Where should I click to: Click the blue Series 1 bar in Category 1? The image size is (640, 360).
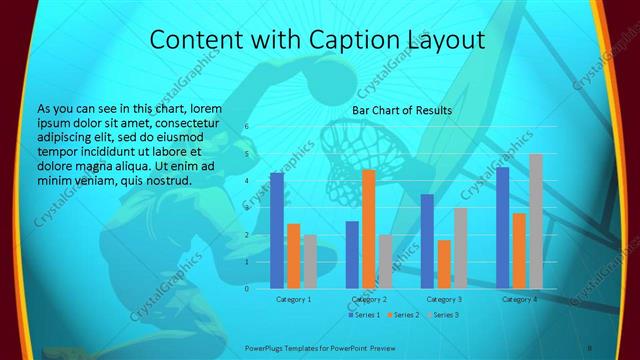pyautogui.click(x=277, y=230)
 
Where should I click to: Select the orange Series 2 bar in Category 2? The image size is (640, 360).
pyautogui.click(x=368, y=229)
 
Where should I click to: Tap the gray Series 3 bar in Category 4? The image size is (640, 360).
pyautogui.click(x=535, y=221)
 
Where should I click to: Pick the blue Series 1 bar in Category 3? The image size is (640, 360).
pyautogui.click(x=427, y=241)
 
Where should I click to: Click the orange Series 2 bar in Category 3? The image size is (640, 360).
pyautogui.click(x=443, y=264)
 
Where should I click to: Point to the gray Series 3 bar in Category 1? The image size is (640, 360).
pyautogui.click(x=310, y=261)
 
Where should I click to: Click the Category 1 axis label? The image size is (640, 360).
pyautogui.click(x=293, y=299)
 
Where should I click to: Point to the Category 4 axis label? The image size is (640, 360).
pyautogui.click(x=519, y=299)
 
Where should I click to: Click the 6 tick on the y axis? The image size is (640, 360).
pyautogui.click(x=246, y=127)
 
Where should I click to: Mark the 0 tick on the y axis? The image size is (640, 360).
pyautogui.click(x=246, y=288)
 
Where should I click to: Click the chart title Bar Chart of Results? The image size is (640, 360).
pyautogui.click(x=402, y=110)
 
